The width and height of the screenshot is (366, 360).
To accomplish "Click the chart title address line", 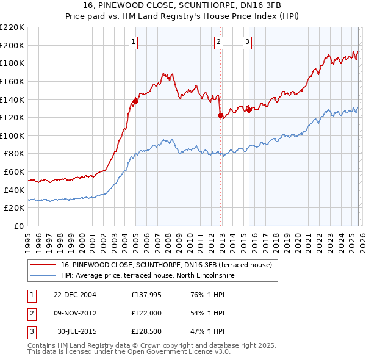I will click(183, 5).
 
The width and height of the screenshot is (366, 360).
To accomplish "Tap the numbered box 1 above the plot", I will click(133, 42).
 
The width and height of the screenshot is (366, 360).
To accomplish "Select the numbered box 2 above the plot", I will click(218, 42).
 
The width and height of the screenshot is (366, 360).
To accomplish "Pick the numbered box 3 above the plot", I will click(247, 42).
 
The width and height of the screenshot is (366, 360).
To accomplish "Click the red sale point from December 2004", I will click(135, 101).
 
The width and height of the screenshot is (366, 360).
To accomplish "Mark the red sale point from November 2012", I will click(220, 115).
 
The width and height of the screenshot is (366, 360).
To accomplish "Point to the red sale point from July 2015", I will click(249, 110).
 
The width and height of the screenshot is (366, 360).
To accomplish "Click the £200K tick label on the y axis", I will click(12, 45).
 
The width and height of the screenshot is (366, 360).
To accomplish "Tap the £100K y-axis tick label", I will click(12, 135).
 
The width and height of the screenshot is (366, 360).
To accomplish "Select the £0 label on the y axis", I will click(18, 226).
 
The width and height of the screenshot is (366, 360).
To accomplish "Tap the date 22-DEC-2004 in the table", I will click(74, 295).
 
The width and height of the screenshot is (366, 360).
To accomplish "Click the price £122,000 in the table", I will click(146, 313).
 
